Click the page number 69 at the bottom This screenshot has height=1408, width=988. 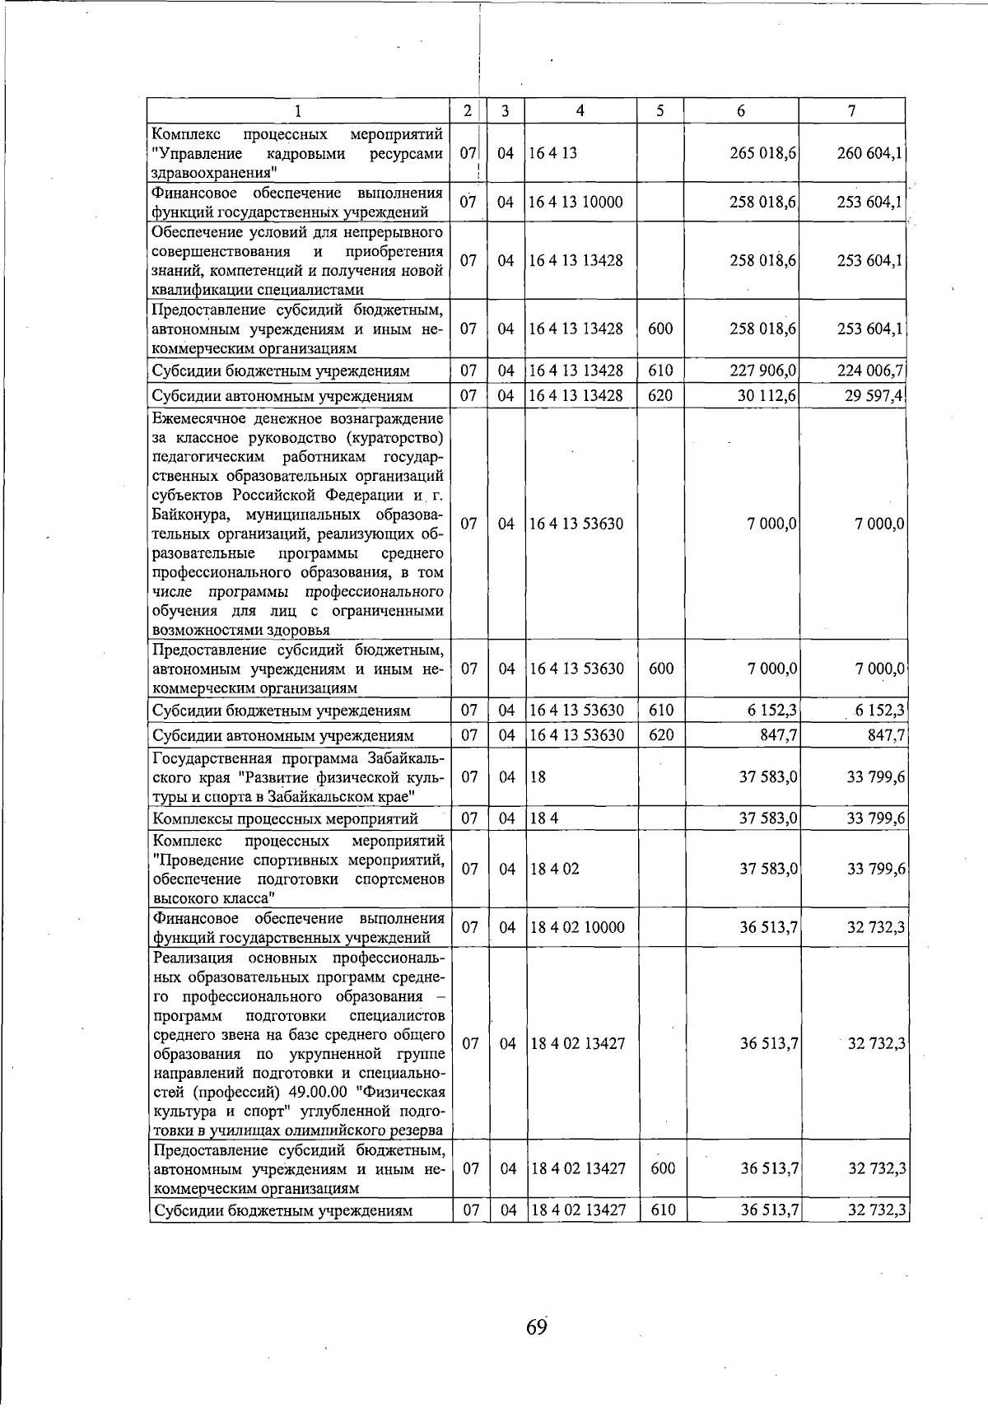click(536, 1327)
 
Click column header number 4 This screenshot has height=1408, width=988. click(580, 111)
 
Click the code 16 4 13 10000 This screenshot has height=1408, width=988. click(576, 203)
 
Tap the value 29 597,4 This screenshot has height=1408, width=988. click(875, 396)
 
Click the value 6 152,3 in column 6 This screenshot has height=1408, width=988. click(772, 710)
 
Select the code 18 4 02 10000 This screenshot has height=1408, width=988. click(578, 927)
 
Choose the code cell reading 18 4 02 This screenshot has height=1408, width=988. click(555, 869)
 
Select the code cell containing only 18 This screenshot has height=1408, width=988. click(538, 776)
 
